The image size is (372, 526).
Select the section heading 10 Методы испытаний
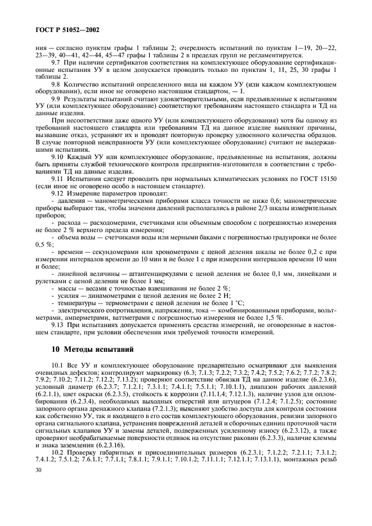(92, 350)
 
